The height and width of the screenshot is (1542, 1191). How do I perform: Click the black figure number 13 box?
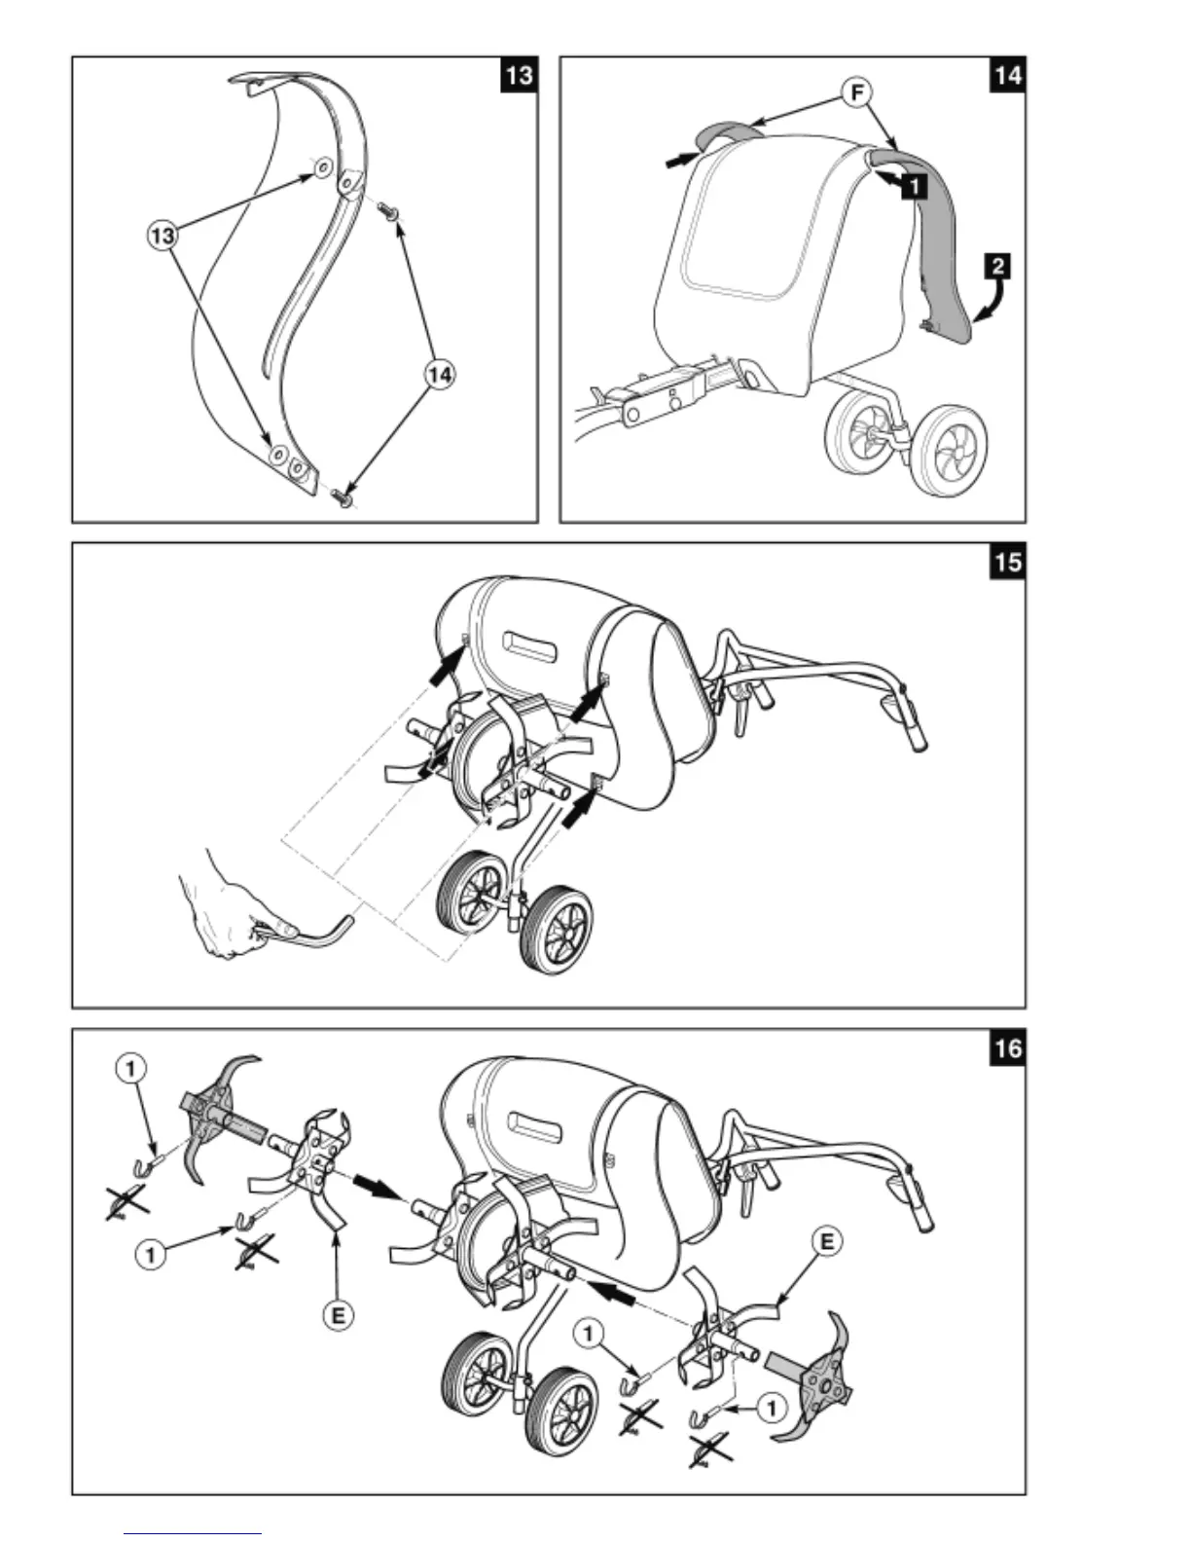pos(519,74)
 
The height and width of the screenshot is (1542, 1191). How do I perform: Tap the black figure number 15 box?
pos(1007,561)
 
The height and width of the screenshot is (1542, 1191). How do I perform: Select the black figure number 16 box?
pos(1007,1048)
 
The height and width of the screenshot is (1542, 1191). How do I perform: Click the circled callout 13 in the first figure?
pos(162,235)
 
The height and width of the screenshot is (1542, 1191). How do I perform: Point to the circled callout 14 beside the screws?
pos(441,374)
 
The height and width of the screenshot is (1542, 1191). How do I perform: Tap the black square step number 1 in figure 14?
pos(915,183)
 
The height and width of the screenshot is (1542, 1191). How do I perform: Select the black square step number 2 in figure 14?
pos(997,266)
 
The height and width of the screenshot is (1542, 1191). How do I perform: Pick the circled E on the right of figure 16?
pos(826,1241)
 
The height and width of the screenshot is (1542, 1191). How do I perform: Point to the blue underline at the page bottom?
pos(193,1534)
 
